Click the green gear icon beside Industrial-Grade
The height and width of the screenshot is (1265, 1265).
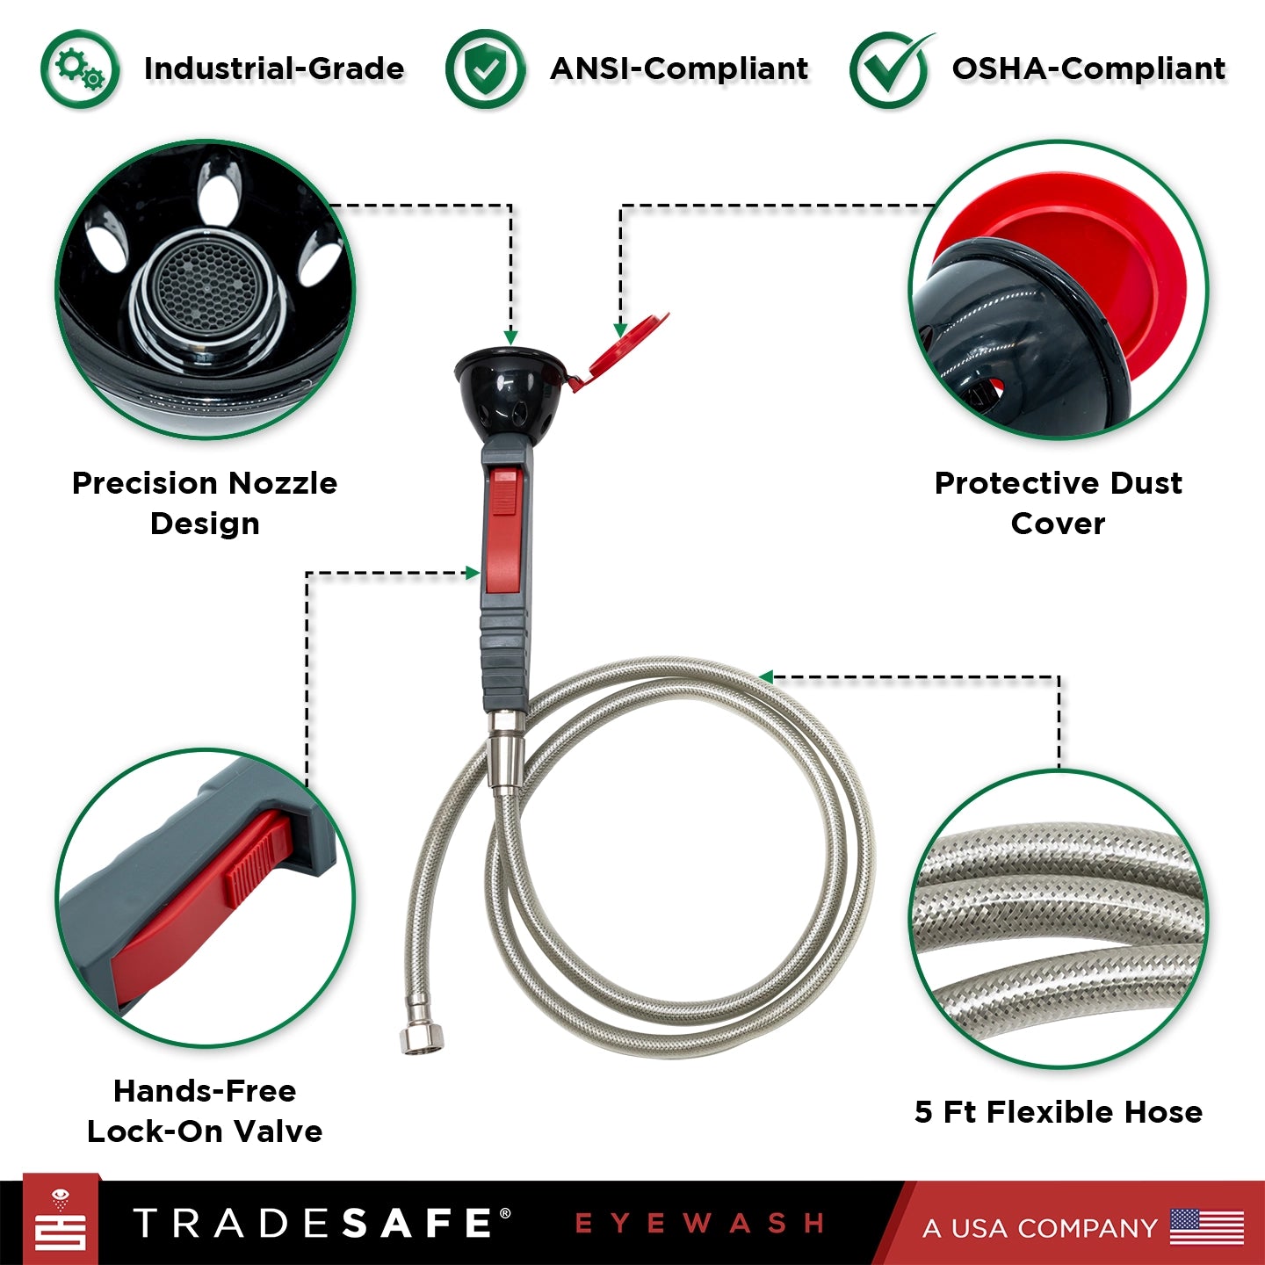(x=80, y=69)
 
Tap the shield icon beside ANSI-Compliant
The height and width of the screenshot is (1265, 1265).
(x=485, y=69)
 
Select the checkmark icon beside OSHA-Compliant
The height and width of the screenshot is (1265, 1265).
(x=890, y=70)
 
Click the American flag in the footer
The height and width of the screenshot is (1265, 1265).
(x=1207, y=1227)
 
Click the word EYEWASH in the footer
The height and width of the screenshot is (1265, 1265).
(x=699, y=1224)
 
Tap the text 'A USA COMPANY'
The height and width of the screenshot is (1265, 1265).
(x=1039, y=1228)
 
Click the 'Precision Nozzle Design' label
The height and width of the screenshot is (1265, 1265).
(x=205, y=502)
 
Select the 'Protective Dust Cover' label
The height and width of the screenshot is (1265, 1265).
(x=1058, y=502)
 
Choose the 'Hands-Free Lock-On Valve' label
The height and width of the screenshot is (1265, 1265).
(x=205, y=1110)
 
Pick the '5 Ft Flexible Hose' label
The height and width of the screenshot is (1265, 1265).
(x=1058, y=1111)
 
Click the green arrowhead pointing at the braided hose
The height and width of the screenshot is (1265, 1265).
(x=765, y=677)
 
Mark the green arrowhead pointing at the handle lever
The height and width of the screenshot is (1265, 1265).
(x=473, y=574)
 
